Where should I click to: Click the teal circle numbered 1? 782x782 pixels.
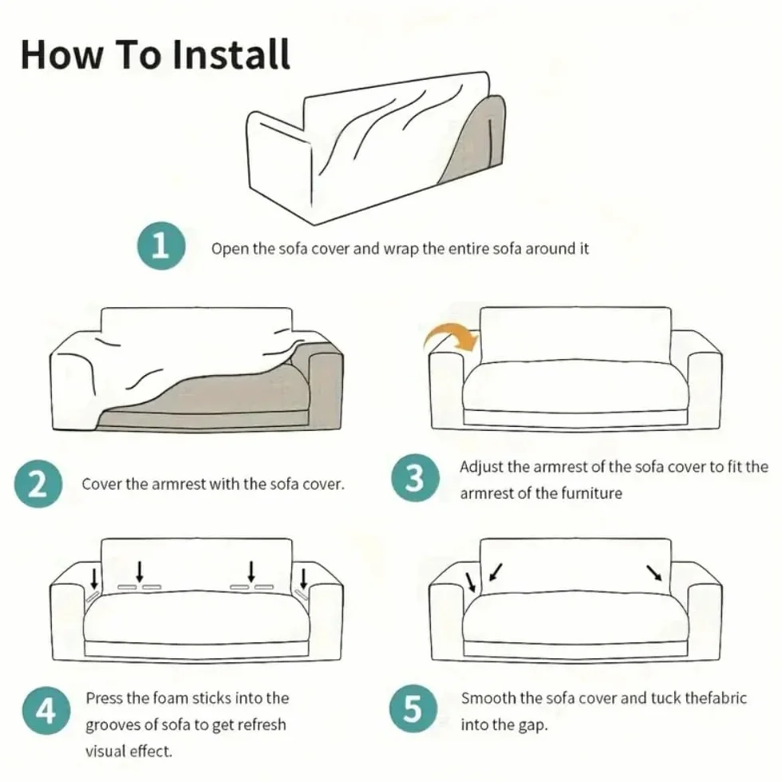click(x=161, y=246)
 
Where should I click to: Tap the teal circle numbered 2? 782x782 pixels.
click(x=38, y=484)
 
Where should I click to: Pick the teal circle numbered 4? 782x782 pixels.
click(x=46, y=710)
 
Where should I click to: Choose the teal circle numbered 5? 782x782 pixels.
click(x=413, y=709)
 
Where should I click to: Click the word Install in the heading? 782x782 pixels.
click(x=231, y=54)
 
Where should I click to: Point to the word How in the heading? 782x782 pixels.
click(x=62, y=55)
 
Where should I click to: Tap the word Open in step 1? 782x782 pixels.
click(x=230, y=248)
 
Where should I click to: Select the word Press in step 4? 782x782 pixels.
click(x=105, y=697)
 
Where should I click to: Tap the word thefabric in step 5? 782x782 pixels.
click(x=716, y=697)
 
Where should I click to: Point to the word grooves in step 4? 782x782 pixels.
click(x=113, y=725)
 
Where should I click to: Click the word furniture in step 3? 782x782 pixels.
click(x=591, y=493)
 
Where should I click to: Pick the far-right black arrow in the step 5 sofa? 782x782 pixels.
click(x=654, y=573)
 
